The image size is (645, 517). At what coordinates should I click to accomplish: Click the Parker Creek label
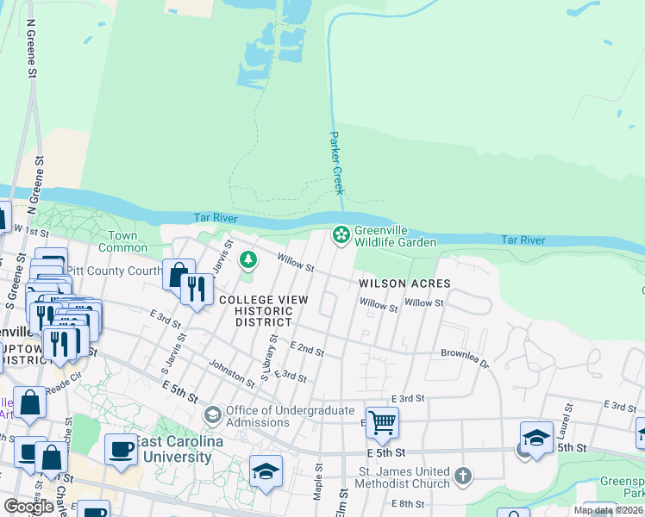click(x=337, y=163)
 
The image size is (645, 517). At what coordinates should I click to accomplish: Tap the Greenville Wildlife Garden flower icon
click(x=341, y=234)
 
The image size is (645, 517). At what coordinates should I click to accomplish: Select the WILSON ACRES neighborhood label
click(x=405, y=283)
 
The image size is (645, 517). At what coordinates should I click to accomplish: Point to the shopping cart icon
click(x=382, y=423)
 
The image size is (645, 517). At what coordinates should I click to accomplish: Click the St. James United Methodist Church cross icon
click(x=463, y=475)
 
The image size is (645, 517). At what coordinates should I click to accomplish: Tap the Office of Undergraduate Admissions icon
click(x=212, y=415)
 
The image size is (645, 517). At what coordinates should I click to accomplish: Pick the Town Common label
click(x=123, y=241)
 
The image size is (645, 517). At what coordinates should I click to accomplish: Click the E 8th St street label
click(x=408, y=502)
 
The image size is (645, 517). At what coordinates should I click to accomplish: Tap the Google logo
click(x=28, y=507)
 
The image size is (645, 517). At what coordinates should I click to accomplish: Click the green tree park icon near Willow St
click(x=248, y=258)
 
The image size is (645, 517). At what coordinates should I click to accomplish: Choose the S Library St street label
click(x=269, y=359)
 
